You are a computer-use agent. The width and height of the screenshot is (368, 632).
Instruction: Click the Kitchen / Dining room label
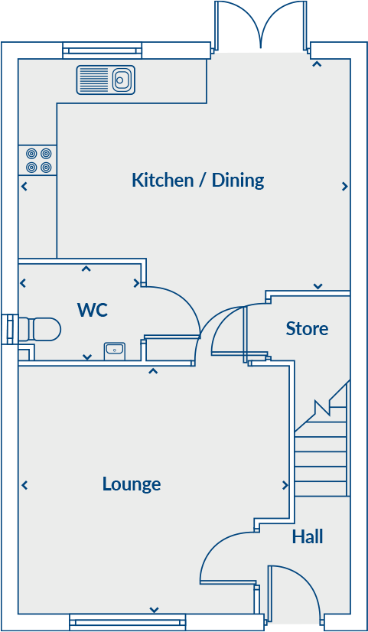197,181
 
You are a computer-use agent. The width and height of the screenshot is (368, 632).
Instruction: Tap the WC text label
92,310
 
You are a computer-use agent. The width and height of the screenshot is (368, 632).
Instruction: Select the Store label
307,329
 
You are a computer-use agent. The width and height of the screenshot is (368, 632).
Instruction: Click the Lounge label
132,484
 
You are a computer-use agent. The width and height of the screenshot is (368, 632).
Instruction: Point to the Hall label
308,537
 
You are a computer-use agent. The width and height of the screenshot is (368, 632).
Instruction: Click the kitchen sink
106,80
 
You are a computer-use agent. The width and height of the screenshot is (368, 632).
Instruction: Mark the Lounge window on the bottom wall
127,621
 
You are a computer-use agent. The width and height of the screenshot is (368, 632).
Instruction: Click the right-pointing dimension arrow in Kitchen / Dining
345,186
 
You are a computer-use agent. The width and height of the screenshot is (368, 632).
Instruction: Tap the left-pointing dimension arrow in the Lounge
24,485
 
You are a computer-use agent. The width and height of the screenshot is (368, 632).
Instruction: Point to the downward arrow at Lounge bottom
154,610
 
